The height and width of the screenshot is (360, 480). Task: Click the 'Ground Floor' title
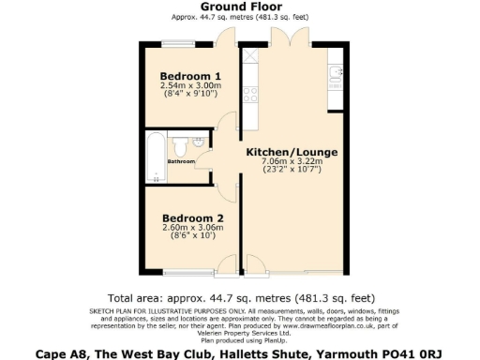pyautogui.click(x=240, y=7)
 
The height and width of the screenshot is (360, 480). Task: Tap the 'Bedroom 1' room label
pyautogui.click(x=190, y=76)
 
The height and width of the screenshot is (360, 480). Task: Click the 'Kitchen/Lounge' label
pyautogui.click(x=292, y=152)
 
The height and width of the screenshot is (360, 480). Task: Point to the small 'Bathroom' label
pyautogui.click(x=181, y=161)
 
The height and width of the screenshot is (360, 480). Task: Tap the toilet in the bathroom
pyautogui.click(x=198, y=144)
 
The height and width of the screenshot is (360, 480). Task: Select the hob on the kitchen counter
pyautogui.click(x=250, y=94)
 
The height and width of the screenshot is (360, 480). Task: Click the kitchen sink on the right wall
pyautogui.click(x=336, y=72)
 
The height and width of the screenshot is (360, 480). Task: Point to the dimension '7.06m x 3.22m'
pyautogui.click(x=292, y=161)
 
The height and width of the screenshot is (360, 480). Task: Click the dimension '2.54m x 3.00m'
pyautogui.click(x=190, y=85)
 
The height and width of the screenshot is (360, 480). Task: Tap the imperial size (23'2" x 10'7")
pyautogui.click(x=292, y=171)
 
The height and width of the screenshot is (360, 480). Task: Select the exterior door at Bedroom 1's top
pyautogui.click(x=225, y=39)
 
